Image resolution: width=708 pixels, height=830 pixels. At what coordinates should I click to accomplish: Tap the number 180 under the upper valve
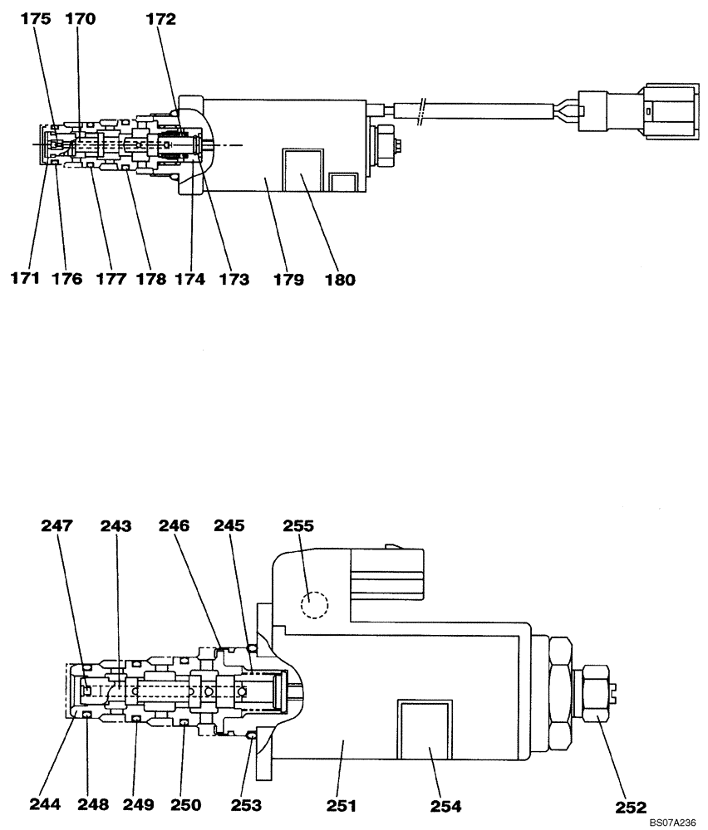pos(340,280)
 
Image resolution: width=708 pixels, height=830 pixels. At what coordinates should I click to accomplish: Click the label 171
pos(26,280)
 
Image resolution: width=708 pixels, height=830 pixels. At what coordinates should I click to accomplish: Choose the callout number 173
pos(234,280)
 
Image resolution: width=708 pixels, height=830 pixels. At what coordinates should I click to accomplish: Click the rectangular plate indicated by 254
pos(425,729)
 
